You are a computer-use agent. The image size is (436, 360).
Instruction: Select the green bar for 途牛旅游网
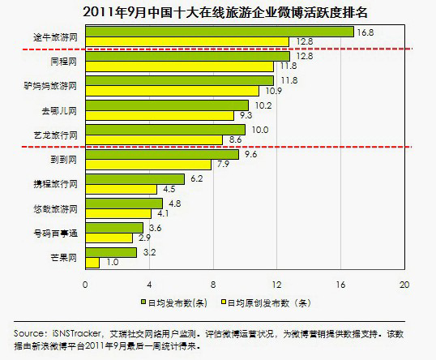pyautogui.click(x=219, y=32)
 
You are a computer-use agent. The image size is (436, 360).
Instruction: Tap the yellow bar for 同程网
pyautogui.click(x=179, y=66)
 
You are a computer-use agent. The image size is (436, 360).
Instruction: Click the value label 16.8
pyautogui.click(x=365, y=32)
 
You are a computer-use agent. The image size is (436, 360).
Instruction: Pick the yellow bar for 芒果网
pyautogui.click(x=92, y=263)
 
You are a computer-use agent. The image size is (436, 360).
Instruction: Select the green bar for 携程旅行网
pyautogui.click(x=135, y=178)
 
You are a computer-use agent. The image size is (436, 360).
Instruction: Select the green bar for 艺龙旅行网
pyautogui.click(x=165, y=129)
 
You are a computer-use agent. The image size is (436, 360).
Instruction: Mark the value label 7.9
pyautogui.click(x=221, y=164)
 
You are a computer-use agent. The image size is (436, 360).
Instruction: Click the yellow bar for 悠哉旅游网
pyautogui.click(x=118, y=213)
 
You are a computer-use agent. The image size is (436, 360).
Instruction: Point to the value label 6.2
pyautogui.click(x=196, y=178)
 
